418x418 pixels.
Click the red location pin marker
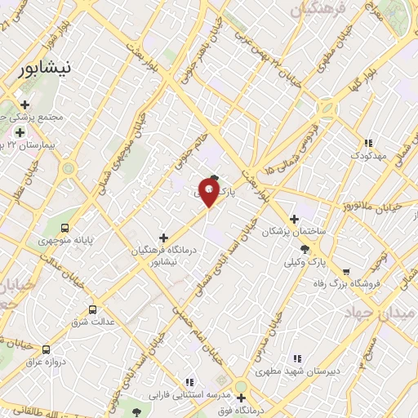pos(209,193)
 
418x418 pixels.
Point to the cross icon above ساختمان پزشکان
pos(294,218)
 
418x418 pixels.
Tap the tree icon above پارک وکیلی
pos(305,248)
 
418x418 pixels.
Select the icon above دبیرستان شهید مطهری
pos(296,358)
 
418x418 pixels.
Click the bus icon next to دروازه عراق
pos(46,349)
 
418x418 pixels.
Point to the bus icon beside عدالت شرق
pos(91,309)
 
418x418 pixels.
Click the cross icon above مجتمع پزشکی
pos(24,104)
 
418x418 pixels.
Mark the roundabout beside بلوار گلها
pos(327,108)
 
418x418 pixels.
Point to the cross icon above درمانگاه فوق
pos(241,398)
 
